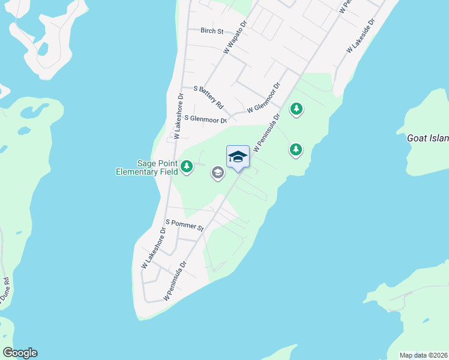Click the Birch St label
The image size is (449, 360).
pyautogui.click(x=211, y=31)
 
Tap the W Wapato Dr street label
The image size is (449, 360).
pyautogui.click(x=235, y=38)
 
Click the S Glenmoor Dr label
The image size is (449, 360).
pyautogui.click(x=206, y=119)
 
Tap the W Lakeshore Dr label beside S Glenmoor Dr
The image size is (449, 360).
pyautogui.click(x=178, y=116)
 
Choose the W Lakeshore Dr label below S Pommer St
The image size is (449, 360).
pyautogui.click(x=154, y=247)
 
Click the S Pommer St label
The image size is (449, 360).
pyautogui.click(x=185, y=225)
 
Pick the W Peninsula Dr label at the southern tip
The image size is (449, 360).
pyautogui.click(x=175, y=280)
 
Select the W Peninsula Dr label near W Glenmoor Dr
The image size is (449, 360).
pyautogui.click(x=268, y=133)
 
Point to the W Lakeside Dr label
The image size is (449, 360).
pyautogui.click(x=360, y=37)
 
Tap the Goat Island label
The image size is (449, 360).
pyautogui.click(x=427, y=138)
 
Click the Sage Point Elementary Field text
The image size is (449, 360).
pyautogui.click(x=147, y=167)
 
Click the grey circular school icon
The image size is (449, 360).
pyautogui.click(x=217, y=173)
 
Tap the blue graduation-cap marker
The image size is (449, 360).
pyautogui.click(x=238, y=157)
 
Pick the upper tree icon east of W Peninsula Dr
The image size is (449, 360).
pyautogui.click(x=296, y=109)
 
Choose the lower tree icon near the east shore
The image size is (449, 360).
pyautogui.click(x=295, y=149)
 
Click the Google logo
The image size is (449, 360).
pyautogui.click(x=20, y=353)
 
